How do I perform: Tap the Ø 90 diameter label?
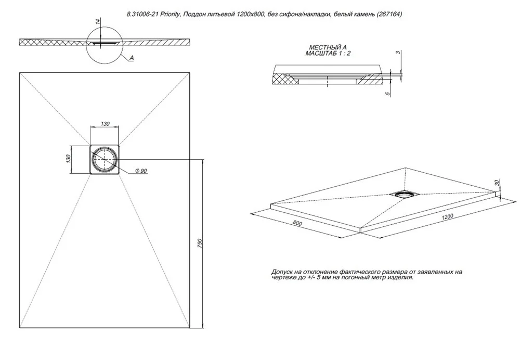141,171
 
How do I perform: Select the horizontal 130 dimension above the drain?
105,124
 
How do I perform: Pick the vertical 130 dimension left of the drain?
68,159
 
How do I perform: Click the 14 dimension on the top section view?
97,22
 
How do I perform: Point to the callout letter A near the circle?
132,58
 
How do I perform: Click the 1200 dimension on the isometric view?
447,216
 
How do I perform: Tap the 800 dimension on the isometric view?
297,223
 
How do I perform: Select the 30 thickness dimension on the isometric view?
496,183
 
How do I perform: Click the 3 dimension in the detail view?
398,53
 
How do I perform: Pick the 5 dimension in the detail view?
388,94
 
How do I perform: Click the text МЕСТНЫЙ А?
328,48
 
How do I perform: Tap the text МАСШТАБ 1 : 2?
328,53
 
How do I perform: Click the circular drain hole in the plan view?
105,159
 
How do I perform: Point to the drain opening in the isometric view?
405,194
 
